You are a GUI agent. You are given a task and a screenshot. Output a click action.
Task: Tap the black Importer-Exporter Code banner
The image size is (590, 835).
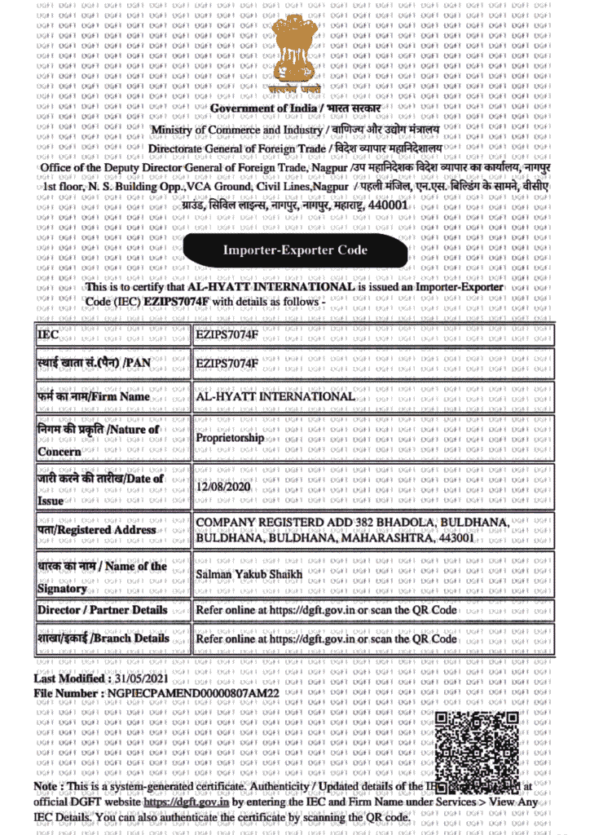point(295,250)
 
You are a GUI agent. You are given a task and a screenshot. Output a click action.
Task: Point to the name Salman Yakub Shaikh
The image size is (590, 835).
point(249,575)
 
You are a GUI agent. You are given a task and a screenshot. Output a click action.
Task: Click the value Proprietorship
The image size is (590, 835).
point(231,438)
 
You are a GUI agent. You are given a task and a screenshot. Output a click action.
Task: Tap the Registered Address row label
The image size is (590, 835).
point(96,530)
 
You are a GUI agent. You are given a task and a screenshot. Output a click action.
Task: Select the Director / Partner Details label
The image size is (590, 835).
point(102,610)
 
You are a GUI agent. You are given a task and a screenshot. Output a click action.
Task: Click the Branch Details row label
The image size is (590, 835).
point(103,638)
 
